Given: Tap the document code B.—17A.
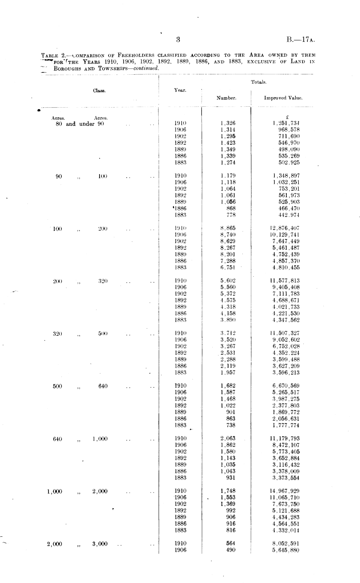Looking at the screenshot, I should (x=301, y=40).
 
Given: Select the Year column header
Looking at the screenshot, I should (x=180, y=90).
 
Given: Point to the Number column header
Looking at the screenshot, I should (x=226, y=98).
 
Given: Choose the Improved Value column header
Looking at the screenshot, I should (x=283, y=98).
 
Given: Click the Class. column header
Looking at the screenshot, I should (x=99, y=90).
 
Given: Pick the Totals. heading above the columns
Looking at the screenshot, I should (x=259, y=82).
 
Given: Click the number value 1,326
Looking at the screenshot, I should (x=228, y=123).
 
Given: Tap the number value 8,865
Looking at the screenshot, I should (x=228, y=228).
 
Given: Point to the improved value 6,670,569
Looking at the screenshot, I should (x=286, y=386).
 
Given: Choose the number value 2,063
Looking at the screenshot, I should (x=228, y=438).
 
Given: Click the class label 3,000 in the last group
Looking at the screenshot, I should (x=100, y=544).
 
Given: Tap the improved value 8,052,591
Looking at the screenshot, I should (x=286, y=544).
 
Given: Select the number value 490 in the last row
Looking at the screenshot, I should (x=231, y=550).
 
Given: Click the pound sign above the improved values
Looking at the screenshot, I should (x=287, y=117).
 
